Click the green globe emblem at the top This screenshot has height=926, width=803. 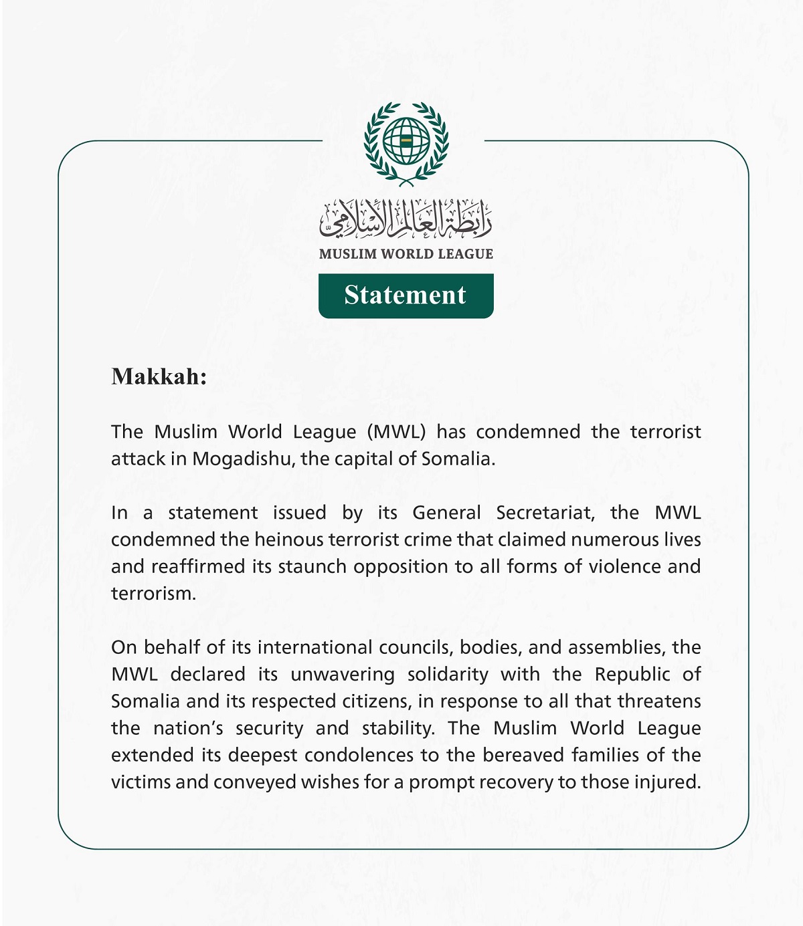click(406, 142)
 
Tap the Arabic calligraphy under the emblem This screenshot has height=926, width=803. click(406, 220)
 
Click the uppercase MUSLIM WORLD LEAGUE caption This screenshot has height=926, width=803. click(406, 254)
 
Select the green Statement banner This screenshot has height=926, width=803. click(406, 296)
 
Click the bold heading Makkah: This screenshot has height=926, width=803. click(159, 376)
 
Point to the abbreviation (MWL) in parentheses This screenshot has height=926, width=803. click(396, 432)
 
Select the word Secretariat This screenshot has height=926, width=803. click(545, 513)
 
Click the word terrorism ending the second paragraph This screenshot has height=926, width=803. click(153, 594)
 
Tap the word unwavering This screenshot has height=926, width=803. click(343, 674)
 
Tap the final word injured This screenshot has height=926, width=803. click(668, 782)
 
